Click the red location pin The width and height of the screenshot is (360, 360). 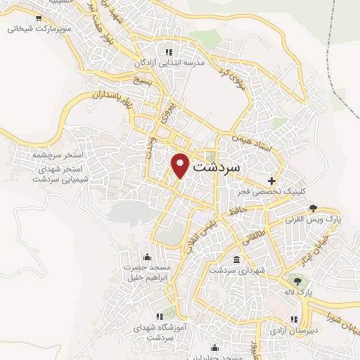pos(181,165)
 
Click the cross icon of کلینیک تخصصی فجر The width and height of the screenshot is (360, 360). pos(271,181)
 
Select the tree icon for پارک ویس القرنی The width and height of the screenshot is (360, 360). pos(313,208)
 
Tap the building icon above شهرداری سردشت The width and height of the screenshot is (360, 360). pos(236,260)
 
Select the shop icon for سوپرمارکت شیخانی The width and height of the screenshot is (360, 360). pos(38,19)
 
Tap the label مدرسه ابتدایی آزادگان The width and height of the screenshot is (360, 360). pos(171,63)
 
